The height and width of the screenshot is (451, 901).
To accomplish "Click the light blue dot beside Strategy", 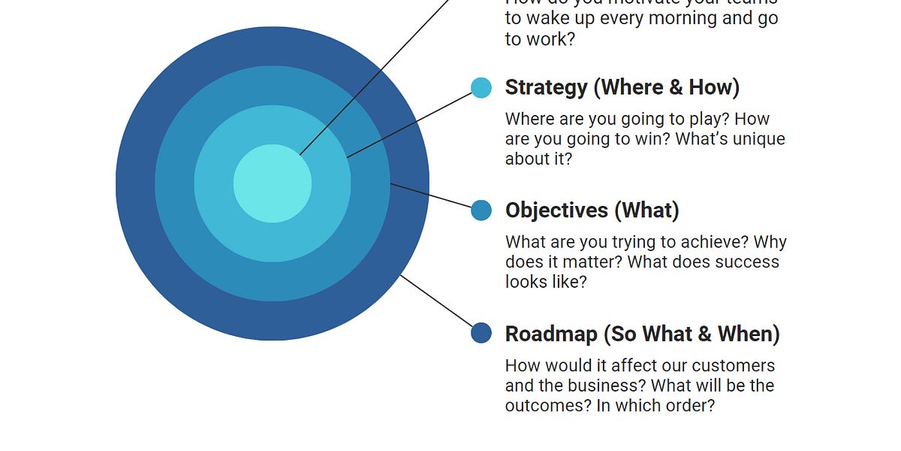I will [481, 87].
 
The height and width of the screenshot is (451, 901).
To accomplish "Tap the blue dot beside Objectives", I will [481, 210].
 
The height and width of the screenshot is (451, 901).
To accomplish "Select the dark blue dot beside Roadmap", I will [481, 333].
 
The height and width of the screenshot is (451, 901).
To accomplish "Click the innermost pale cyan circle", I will [273, 183].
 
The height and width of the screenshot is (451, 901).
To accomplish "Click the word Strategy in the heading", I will [546, 87].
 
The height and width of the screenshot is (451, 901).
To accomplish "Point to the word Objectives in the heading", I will [556, 210].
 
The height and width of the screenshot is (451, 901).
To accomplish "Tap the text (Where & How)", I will [667, 87].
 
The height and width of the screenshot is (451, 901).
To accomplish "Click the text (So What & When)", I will [695, 333].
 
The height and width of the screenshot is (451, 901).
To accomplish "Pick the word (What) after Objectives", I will [646, 210].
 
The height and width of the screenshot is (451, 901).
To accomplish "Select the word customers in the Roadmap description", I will [733, 366].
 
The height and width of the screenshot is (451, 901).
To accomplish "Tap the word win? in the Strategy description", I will [672, 139].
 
